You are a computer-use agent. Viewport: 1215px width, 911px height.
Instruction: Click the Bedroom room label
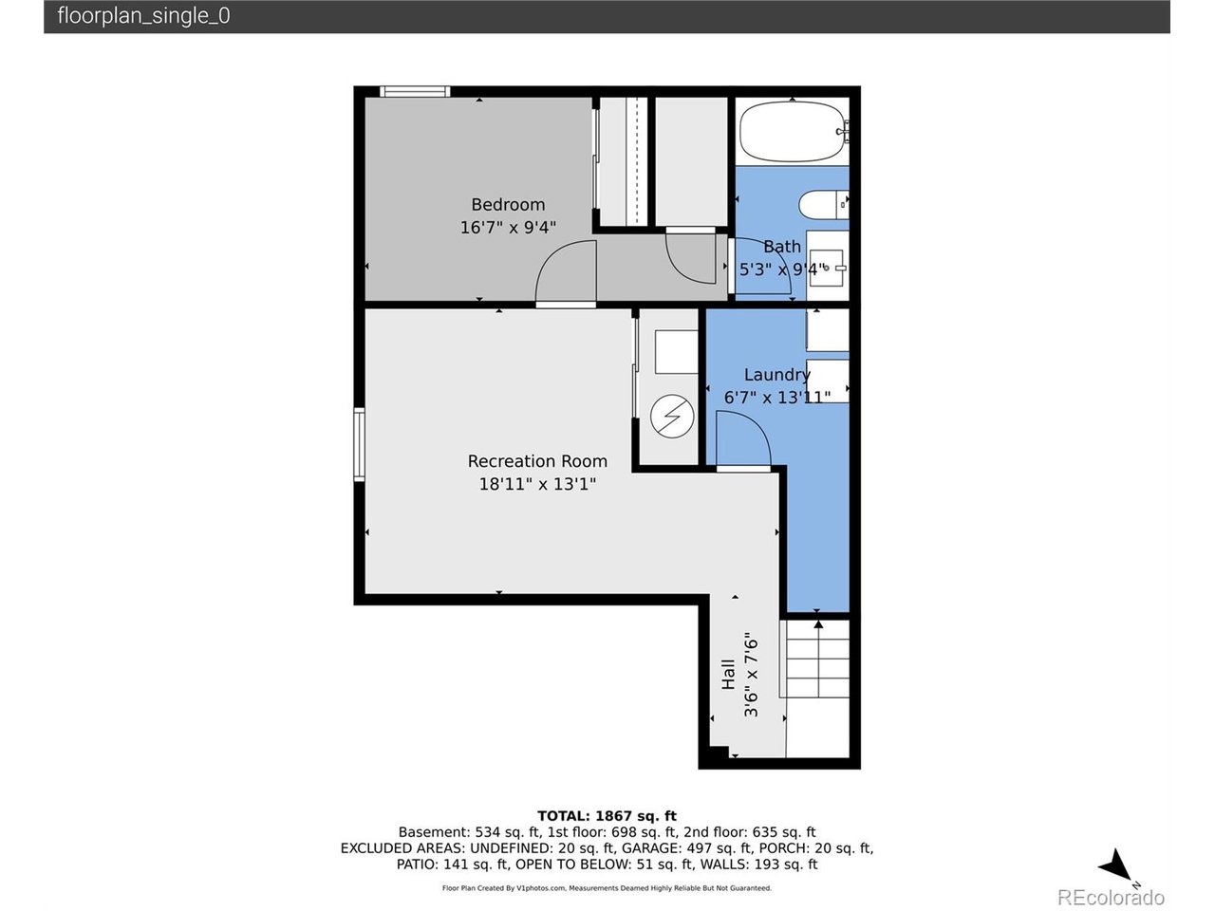click(508, 205)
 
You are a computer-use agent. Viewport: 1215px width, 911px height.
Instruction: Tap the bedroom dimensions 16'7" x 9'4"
click(508, 228)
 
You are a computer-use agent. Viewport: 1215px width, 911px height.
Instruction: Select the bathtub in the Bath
click(793, 131)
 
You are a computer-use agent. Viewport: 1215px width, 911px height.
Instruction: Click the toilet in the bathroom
click(823, 204)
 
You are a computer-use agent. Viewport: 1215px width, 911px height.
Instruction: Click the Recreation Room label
click(537, 461)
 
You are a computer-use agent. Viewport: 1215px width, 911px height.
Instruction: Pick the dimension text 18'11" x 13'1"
click(537, 484)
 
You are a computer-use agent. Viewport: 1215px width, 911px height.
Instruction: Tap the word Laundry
click(776, 375)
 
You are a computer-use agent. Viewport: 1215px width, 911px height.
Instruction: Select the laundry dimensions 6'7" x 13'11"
click(776, 398)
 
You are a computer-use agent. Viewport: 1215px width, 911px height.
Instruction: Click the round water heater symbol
click(672, 416)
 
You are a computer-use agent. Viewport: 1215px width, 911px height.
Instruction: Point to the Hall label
click(728, 675)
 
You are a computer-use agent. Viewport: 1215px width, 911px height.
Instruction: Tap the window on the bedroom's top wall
click(415, 91)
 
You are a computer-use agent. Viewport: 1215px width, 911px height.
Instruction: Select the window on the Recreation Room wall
click(359, 444)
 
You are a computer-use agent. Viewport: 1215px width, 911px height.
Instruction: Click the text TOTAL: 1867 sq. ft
click(607, 816)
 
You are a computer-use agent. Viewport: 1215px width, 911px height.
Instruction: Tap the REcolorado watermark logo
click(1111, 898)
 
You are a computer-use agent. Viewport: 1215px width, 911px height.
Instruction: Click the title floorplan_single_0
click(143, 15)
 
